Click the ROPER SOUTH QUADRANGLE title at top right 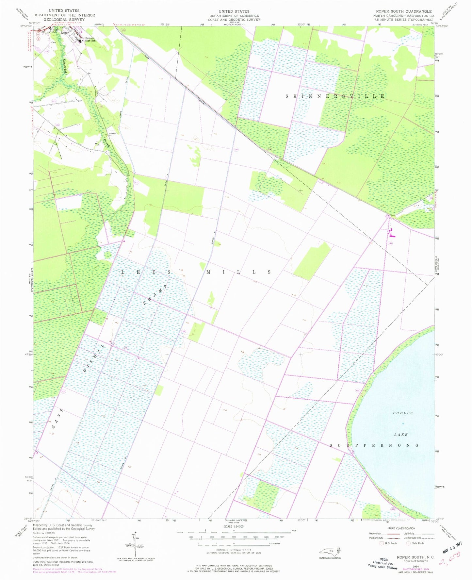(x=404, y=11)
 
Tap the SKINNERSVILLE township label (x=335, y=96)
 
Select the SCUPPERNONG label (x=374, y=445)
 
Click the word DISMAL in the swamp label (x=94, y=358)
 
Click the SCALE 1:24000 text (x=234, y=526)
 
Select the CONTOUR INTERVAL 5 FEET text (x=234, y=550)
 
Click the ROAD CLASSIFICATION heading (x=401, y=528)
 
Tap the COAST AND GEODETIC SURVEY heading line (x=234, y=20)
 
